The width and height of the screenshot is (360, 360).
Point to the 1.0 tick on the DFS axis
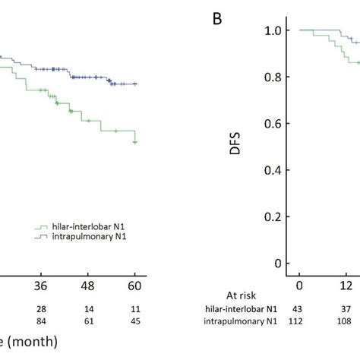(x=272, y=30)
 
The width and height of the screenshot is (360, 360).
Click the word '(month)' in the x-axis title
(x=33, y=344)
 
